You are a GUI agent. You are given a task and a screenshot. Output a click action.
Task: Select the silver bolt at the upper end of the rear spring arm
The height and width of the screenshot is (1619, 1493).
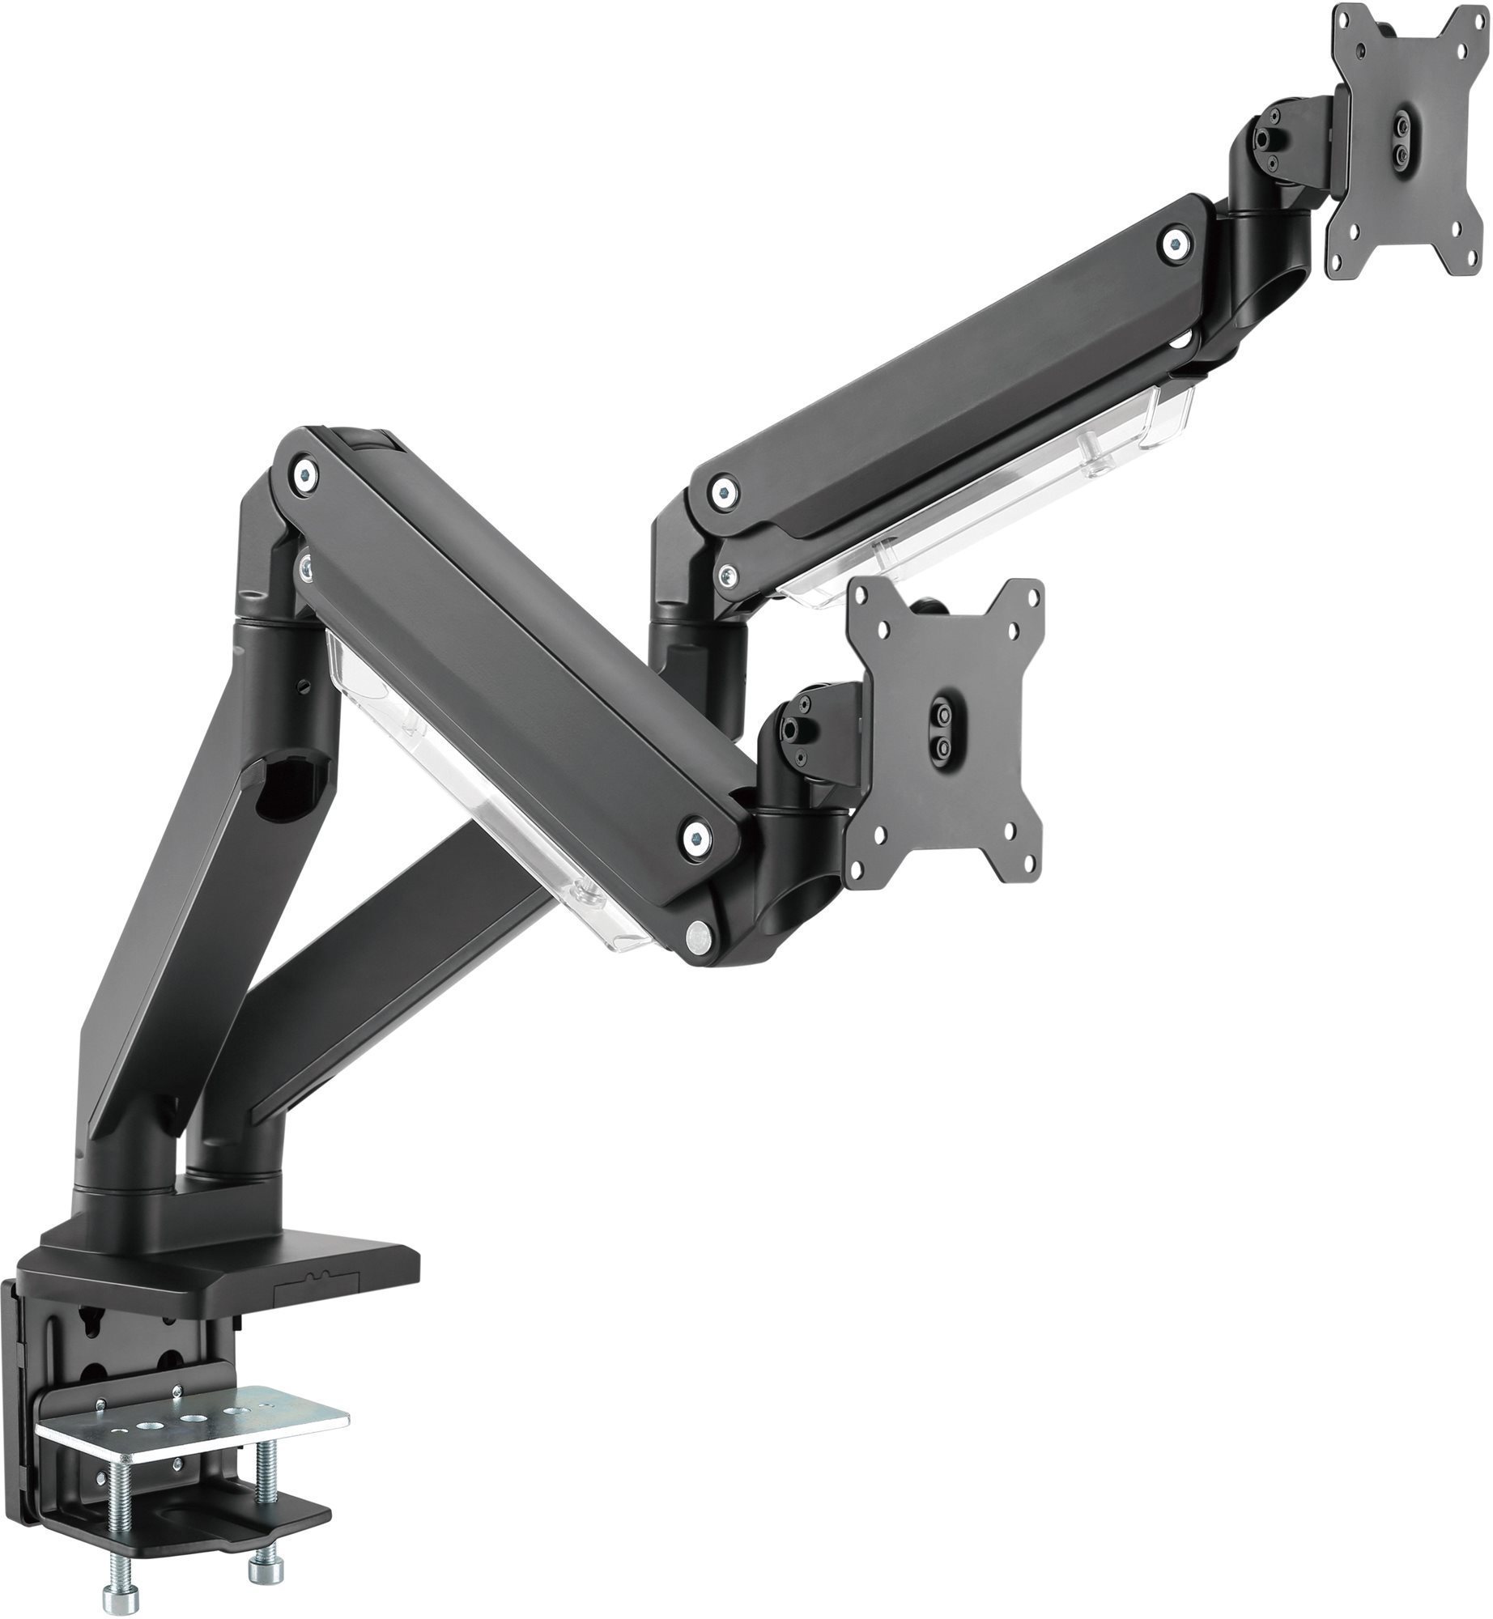(1175, 241)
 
